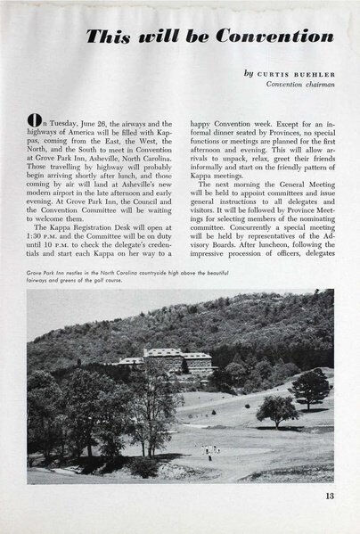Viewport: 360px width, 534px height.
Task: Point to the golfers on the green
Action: (210, 448)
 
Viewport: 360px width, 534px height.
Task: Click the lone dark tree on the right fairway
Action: (278, 409)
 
